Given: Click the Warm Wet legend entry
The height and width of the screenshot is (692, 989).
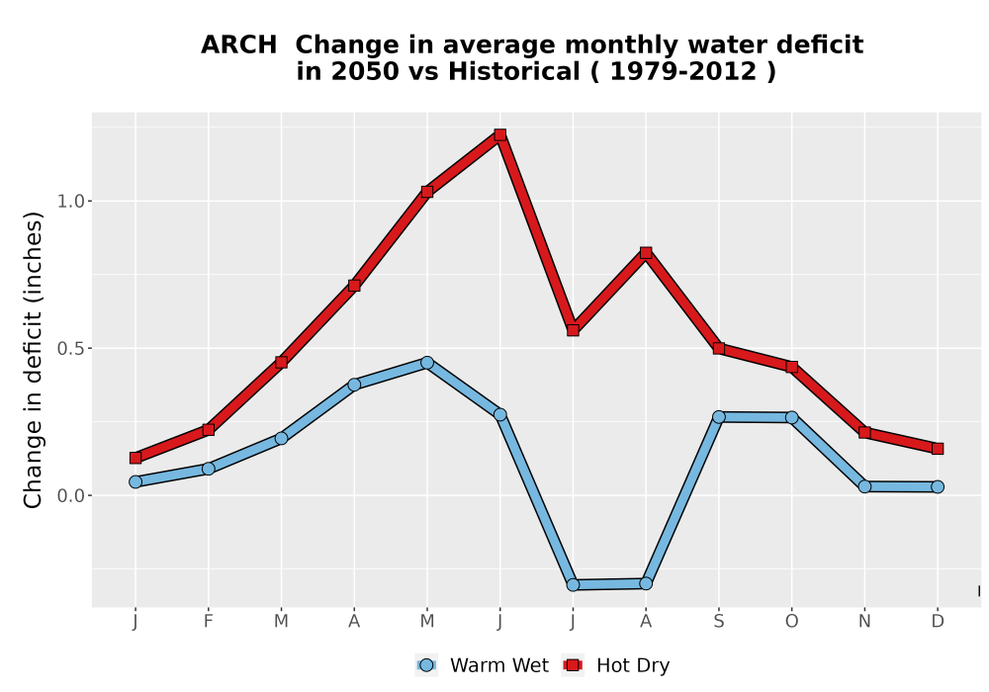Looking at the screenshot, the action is pyautogui.click(x=483, y=665).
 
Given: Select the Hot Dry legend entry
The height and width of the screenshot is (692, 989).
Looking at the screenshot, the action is pyautogui.click(x=616, y=665).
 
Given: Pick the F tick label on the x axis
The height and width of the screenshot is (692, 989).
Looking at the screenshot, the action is pyautogui.click(x=208, y=622).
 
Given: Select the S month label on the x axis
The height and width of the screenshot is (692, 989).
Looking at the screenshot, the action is pyautogui.click(x=718, y=622).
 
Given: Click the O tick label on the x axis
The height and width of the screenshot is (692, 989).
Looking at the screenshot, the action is pyautogui.click(x=791, y=622).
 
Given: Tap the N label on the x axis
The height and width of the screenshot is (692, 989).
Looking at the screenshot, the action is pyautogui.click(x=864, y=622).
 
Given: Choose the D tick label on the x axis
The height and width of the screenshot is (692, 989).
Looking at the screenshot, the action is pyautogui.click(x=938, y=622).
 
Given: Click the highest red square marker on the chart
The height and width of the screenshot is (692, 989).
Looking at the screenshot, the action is pyautogui.click(x=500, y=134).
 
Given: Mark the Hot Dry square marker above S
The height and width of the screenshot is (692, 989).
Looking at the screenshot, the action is pyautogui.click(x=718, y=349).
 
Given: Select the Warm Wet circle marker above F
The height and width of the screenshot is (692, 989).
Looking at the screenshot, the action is pyautogui.click(x=208, y=469).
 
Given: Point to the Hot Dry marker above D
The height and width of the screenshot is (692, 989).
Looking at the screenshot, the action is pyautogui.click(x=938, y=449).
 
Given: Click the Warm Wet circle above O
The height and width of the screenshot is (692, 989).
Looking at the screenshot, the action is pyautogui.click(x=791, y=417).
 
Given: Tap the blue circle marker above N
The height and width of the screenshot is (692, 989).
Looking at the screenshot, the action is pyautogui.click(x=864, y=486).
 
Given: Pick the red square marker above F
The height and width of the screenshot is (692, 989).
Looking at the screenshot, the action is pyautogui.click(x=208, y=430).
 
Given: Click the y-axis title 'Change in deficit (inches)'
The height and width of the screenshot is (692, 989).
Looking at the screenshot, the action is pyautogui.click(x=33, y=360).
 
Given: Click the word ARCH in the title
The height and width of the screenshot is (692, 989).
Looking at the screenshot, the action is pyautogui.click(x=239, y=45).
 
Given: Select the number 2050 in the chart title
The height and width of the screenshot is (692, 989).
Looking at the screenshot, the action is pyautogui.click(x=366, y=72).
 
